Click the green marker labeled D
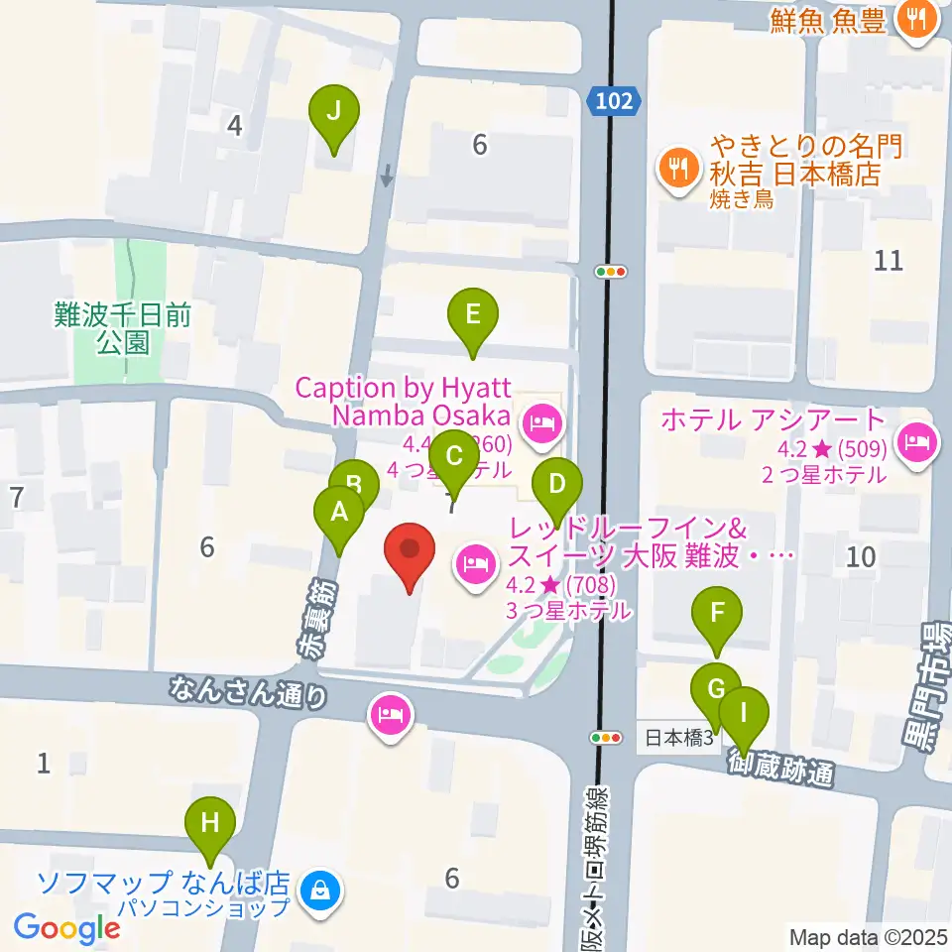click(x=556, y=486)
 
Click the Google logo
click(x=66, y=927)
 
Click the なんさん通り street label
click(x=248, y=691)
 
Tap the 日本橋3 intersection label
click(x=679, y=739)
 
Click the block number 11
click(x=890, y=261)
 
